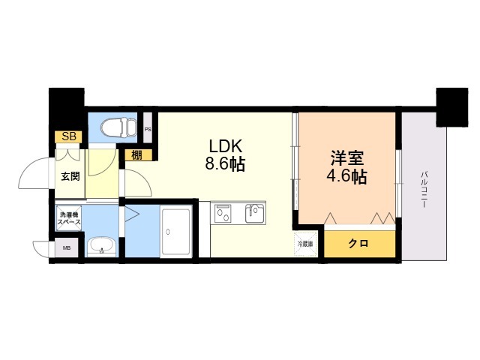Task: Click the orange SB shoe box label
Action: point(69,136)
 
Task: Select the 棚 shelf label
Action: point(136,156)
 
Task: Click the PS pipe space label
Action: point(148,129)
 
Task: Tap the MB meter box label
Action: point(66,247)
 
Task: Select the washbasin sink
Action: point(100,246)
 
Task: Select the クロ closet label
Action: point(358,244)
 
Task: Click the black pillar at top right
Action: point(451,106)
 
